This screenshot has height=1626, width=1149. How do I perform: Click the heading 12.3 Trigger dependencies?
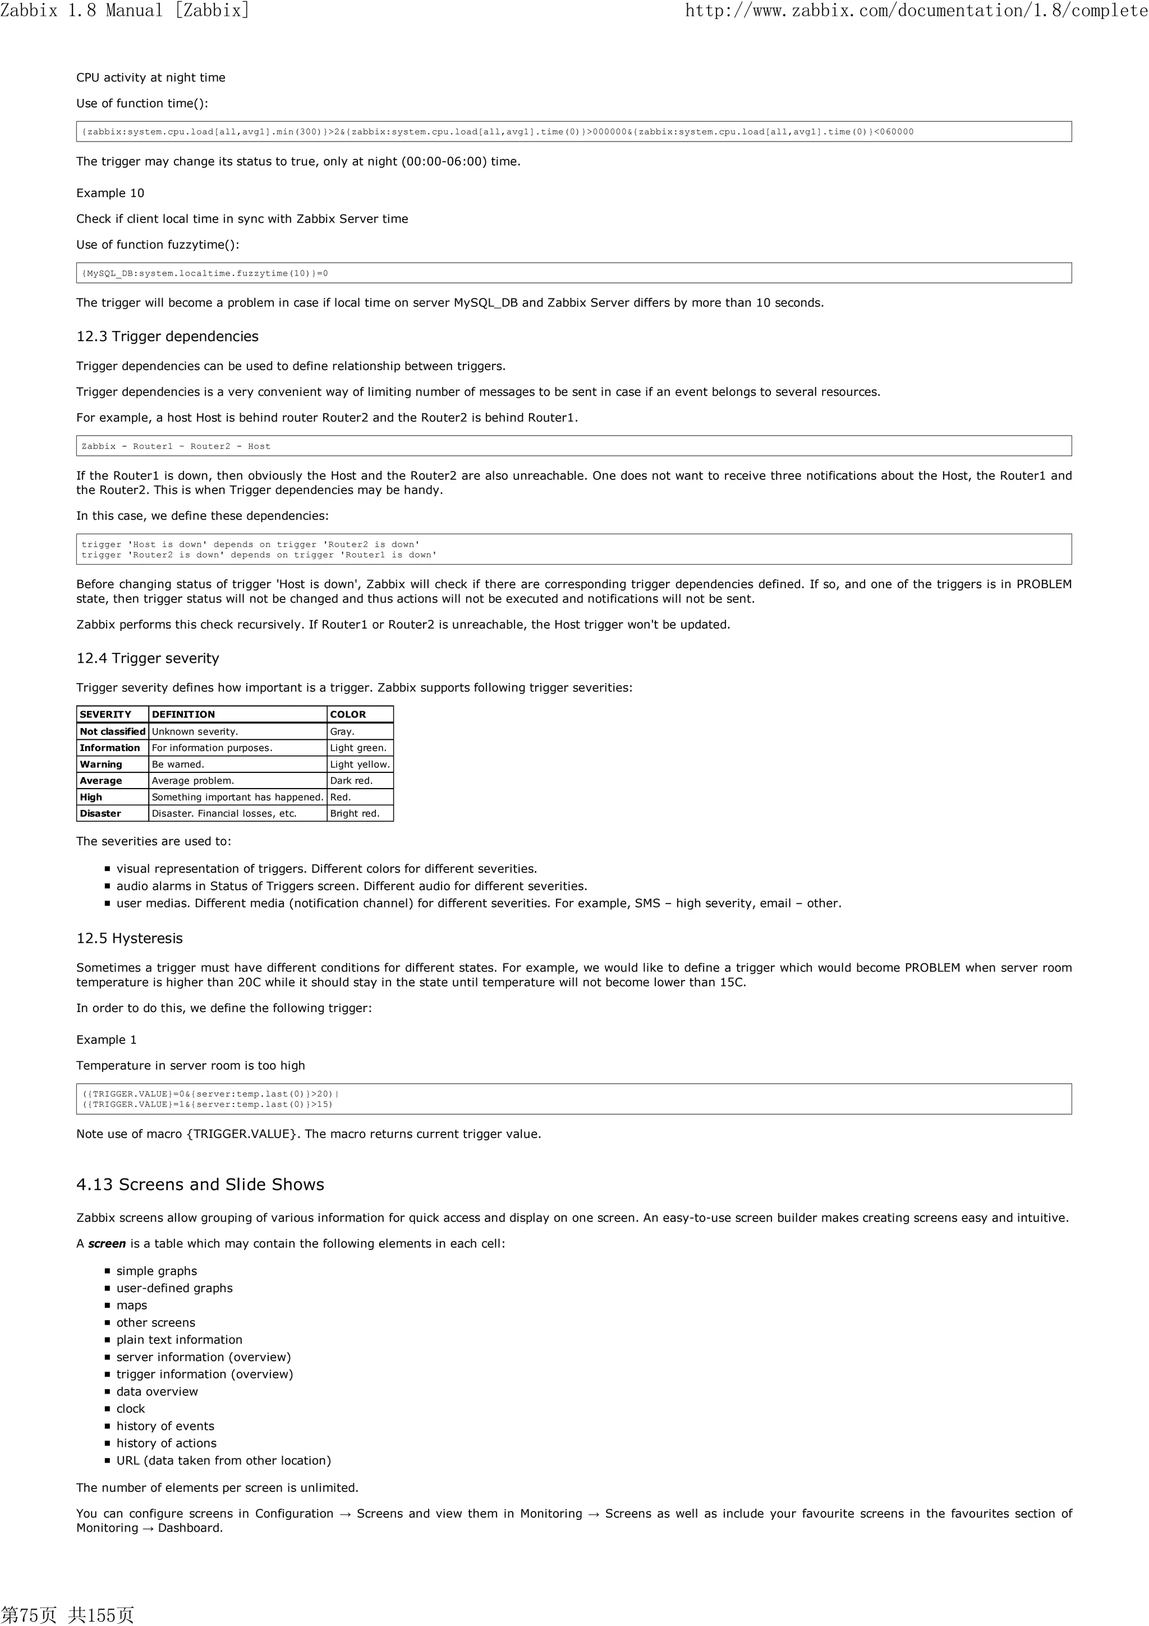(x=167, y=336)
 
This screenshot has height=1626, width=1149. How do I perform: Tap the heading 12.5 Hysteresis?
(x=129, y=938)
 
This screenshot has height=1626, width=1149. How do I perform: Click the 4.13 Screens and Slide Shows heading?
(x=200, y=1185)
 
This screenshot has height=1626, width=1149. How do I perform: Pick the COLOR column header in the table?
(x=348, y=714)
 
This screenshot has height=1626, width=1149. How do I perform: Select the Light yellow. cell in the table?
(x=360, y=764)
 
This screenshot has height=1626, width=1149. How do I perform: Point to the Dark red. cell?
(x=351, y=780)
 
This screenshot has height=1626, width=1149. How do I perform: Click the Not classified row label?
(x=112, y=731)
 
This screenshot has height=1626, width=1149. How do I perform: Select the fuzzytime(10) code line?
(x=205, y=273)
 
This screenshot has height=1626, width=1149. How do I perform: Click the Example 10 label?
(x=110, y=193)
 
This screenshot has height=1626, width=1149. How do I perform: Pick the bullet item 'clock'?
(x=130, y=1409)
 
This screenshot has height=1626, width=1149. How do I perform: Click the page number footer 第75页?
(x=28, y=1614)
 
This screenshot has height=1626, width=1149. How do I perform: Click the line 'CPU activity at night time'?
(x=151, y=78)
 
